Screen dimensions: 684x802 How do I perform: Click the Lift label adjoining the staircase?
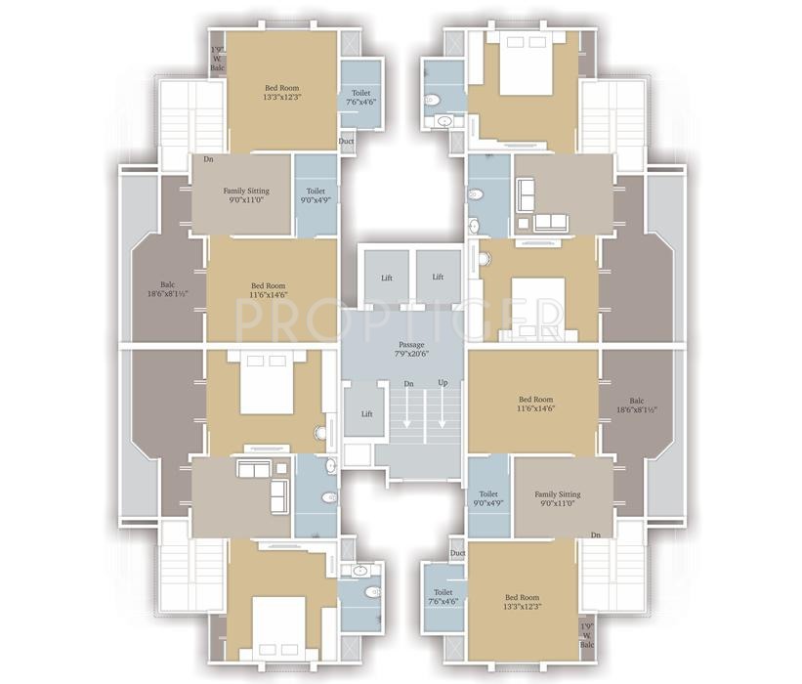366,414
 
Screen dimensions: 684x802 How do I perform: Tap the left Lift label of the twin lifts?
387,278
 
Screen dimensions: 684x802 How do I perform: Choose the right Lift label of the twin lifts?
438,278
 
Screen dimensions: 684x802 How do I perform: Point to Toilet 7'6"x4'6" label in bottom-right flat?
443,597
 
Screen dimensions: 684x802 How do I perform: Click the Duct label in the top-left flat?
346,141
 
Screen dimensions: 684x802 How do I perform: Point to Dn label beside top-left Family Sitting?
208,159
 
